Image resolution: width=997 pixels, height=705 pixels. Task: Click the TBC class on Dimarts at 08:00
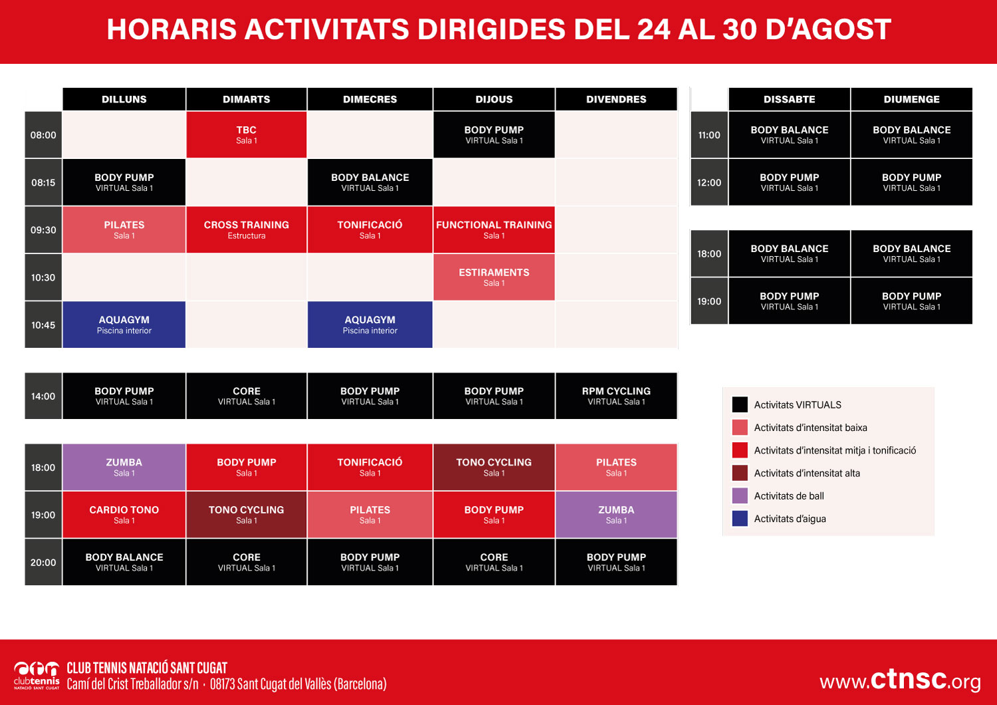tap(246, 134)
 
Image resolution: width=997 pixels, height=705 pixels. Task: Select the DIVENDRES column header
tap(616, 99)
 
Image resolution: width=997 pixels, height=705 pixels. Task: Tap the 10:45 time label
tap(43, 325)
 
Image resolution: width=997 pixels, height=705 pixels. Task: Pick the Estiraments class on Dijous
tap(494, 277)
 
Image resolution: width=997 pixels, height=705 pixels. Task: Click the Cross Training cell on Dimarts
tap(246, 229)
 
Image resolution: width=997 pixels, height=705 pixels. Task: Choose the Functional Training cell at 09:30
tap(494, 229)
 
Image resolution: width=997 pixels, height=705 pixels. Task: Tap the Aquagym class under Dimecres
tap(370, 325)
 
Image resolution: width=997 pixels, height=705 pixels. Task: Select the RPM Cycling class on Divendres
tap(616, 396)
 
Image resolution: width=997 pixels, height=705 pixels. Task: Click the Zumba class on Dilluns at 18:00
tap(124, 467)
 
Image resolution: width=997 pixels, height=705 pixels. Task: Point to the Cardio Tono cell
tap(124, 514)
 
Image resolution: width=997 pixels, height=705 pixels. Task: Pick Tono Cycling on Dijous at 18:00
tap(494, 467)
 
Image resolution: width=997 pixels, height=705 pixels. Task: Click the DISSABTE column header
tap(789, 99)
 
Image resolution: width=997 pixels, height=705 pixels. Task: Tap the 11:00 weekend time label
tap(709, 134)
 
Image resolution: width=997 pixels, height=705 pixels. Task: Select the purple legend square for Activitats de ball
tap(740, 495)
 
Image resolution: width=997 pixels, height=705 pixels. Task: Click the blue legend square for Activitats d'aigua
tap(740, 518)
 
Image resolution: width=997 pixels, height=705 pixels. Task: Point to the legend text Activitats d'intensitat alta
tap(807, 473)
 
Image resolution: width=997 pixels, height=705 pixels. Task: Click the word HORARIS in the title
tap(171, 29)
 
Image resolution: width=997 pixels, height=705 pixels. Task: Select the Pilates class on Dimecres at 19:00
tap(370, 514)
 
